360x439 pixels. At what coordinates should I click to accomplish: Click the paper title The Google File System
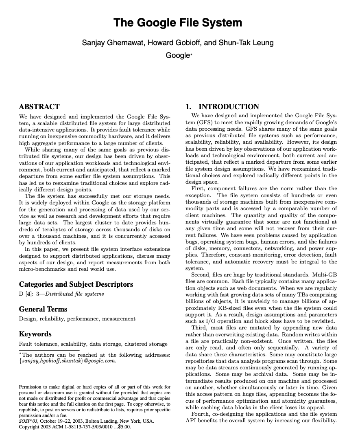click(178, 22)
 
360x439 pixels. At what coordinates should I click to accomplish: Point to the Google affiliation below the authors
click(178, 55)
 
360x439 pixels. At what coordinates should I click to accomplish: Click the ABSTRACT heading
click(39, 107)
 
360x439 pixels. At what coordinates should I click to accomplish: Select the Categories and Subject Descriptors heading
click(76, 284)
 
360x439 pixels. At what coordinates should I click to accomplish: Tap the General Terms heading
click(43, 309)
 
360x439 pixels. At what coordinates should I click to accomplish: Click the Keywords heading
click(35, 334)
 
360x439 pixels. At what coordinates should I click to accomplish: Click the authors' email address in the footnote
click(68, 361)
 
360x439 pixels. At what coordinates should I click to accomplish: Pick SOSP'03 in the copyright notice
click(28, 421)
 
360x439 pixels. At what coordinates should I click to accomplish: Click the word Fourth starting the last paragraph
click(200, 414)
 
